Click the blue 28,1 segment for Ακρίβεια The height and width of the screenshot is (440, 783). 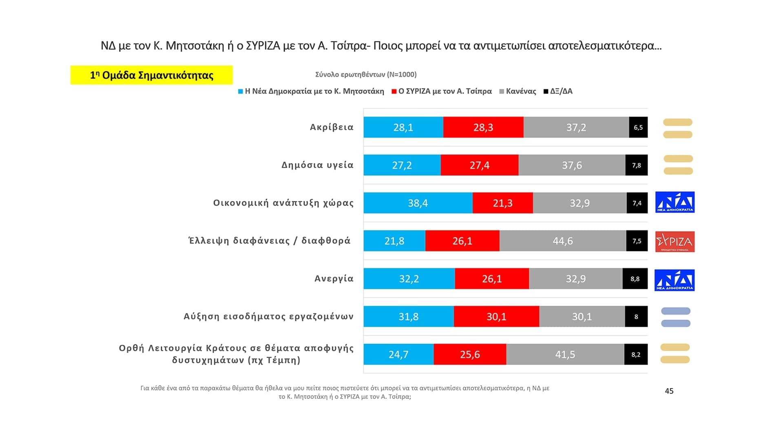click(403, 127)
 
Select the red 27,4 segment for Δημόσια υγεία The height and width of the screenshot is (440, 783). click(479, 165)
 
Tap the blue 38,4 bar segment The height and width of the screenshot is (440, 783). click(418, 203)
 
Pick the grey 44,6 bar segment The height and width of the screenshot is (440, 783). click(562, 241)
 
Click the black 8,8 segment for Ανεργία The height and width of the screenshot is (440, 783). click(635, 279)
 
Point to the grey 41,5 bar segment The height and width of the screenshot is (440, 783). click(565, 354)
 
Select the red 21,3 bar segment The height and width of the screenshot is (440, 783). click(502, 203)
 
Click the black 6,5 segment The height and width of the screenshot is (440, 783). click(638, 127)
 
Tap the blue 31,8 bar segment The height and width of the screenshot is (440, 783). click(408, 317)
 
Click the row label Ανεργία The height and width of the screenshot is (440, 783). click(334, 279)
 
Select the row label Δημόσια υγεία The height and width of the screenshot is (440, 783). click(317, 165)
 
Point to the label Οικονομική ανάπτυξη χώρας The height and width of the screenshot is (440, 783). click(283, 203)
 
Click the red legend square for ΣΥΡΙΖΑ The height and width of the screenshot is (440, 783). click(394, 91)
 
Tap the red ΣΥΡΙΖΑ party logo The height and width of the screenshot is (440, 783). click(675, 242)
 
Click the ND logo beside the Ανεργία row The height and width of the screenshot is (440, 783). click(675, 280)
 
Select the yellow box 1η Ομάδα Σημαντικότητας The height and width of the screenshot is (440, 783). click(151, 75)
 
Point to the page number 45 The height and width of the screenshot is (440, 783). click(669, 391)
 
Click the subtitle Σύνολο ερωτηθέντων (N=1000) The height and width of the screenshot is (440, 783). click(366, 75)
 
